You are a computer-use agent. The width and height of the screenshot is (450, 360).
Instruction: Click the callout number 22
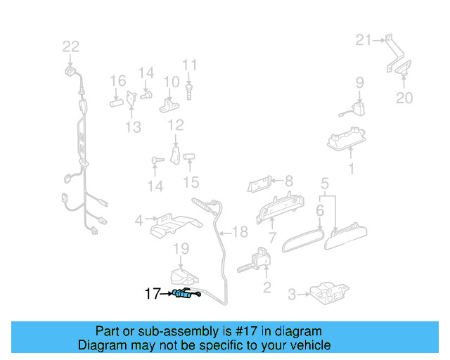(71, 47)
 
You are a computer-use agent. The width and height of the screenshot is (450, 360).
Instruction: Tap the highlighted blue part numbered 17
(184, 295)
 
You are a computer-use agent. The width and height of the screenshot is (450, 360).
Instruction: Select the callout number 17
(153, 294)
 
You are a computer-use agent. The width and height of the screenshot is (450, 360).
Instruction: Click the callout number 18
(240, 231)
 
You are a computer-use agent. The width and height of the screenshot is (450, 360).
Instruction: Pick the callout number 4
(139, 219)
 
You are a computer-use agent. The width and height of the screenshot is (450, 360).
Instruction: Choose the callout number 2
(266, 287)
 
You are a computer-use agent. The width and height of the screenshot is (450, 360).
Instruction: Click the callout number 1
(352, 169)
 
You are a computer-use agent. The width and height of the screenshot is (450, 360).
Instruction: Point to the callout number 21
(363, 40)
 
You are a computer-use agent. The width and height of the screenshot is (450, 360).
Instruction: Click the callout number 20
(404, 98)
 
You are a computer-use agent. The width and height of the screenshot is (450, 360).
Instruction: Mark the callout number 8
(288, 181)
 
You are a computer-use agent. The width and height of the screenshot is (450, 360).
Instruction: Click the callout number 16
(117, 81)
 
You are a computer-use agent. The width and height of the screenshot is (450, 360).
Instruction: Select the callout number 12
(175, 125)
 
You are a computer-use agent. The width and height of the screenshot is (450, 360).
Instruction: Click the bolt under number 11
(190, 89)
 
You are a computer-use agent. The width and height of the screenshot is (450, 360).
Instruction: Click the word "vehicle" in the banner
(307, 345)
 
